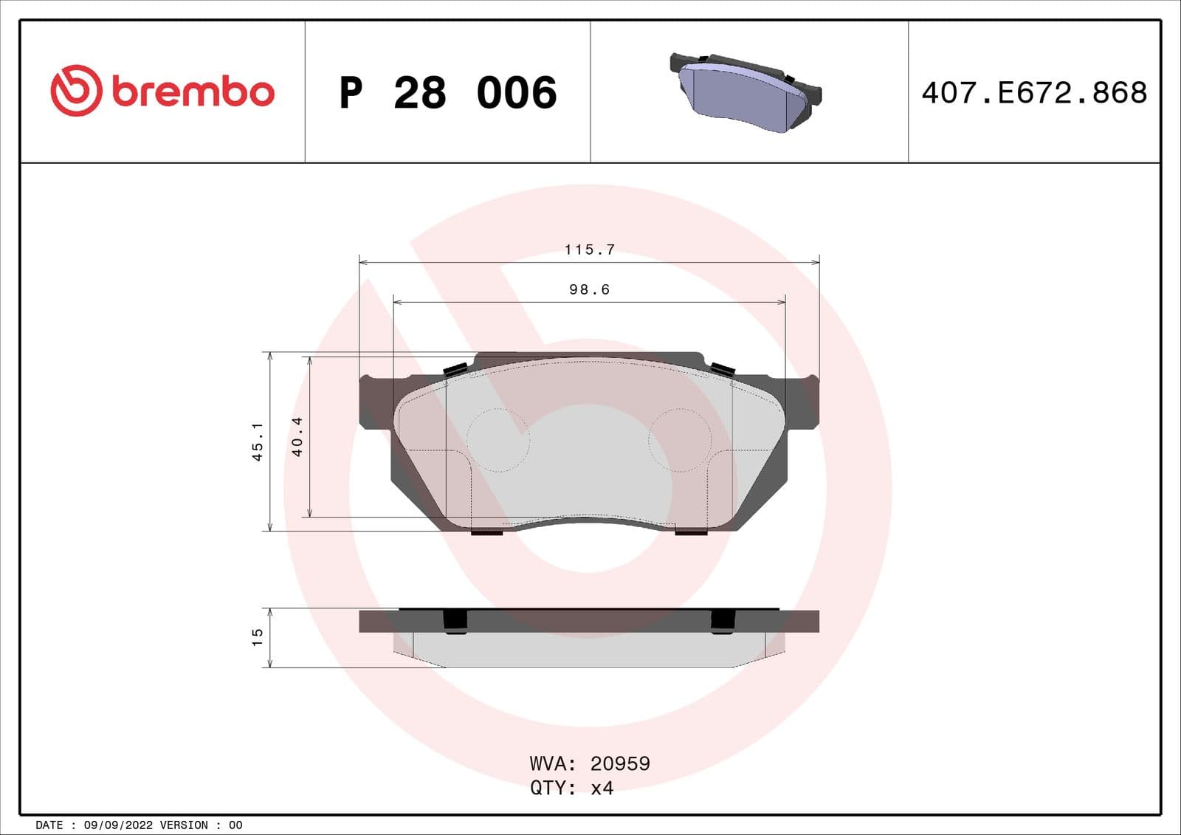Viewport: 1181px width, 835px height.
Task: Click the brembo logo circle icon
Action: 75,91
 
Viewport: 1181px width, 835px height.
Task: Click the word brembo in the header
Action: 193,92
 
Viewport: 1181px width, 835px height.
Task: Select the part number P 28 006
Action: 447,93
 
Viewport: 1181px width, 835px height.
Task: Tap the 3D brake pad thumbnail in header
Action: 746,92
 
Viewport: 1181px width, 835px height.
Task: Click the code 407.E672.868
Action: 1033,93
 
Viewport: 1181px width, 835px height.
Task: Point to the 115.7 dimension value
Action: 589,250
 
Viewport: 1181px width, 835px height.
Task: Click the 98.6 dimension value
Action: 589,289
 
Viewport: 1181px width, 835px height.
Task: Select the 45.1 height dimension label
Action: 258,441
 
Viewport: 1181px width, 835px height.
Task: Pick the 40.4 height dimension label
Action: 297,436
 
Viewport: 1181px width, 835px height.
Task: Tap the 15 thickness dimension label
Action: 257,637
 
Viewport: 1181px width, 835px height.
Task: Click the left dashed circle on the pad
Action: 498,440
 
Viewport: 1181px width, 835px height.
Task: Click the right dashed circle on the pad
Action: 680,440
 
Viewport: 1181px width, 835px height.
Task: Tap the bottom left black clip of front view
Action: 486,531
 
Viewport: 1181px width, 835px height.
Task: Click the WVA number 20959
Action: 620,763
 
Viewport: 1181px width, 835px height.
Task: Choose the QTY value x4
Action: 602,788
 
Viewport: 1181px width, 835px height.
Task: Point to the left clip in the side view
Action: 455,622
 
